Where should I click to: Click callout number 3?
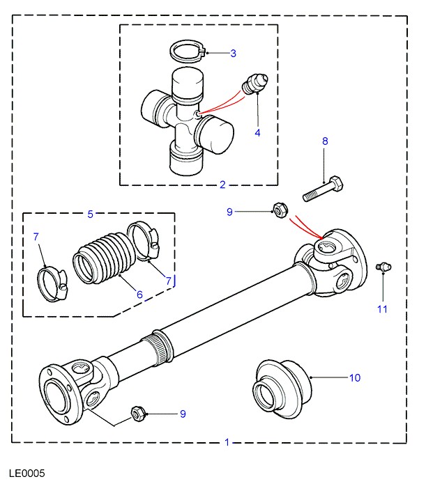pyautogui.click(x=233, y=53)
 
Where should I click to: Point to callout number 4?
pyautogui.click(x=257, y=132)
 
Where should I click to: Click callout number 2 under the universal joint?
pyautogui.click(x=222, y=185)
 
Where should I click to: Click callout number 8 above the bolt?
pyautogui.click(x=324, y=141)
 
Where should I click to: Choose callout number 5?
pyautogui.click(x=89, y=214)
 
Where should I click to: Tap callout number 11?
pyautogui.click(x=382, y=308)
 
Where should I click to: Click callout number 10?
pyautogui.click(x=355, y=378)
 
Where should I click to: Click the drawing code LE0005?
pyautogui.click(x=27, y=474)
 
